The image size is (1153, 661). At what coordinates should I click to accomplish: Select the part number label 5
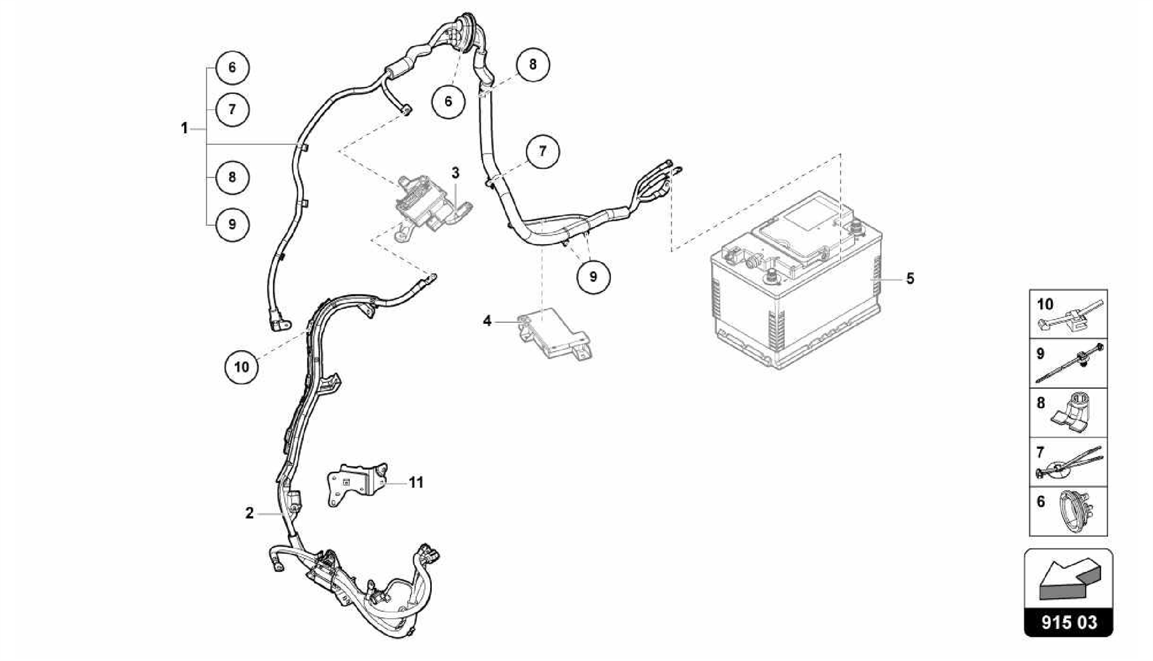pyautogui.click(x=910, y=279)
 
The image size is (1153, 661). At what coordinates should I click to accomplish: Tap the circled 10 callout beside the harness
pyautogui.click(x=242, y=367)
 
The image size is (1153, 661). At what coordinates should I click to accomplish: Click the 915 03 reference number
pyautogui.click(x=1069, y=623)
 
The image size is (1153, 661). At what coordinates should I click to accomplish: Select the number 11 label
pyautogui.click(x=416, y=483)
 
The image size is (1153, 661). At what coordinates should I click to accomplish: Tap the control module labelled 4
pyautogui.click(x=555, y=334)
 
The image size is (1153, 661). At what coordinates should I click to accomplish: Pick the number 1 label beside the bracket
pyautogui.click(x=184, y=128)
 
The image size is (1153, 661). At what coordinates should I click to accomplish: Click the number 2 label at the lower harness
pyautogui.click(x=249, y=513)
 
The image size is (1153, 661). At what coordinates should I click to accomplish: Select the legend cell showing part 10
pyautogui.click(x=1068, y=314)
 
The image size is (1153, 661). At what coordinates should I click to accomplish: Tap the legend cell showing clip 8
pyautogui.click(x=1068, y=413)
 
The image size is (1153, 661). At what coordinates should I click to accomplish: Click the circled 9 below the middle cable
pyautogui.click(x=593, y=277)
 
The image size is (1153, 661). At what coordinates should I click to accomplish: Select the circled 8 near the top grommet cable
pyautogui.click(x=533, y=64)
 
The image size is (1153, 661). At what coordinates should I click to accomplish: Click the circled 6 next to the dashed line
pyautogui.click(x=448, y=101)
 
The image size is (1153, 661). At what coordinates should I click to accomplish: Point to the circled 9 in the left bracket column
pyautogui.click(x=232, y=225)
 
